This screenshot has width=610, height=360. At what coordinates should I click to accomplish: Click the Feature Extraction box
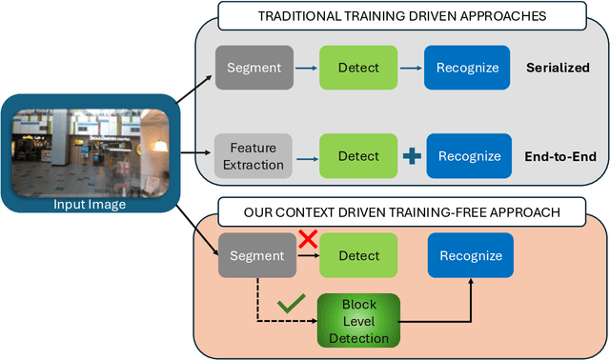click(x=254, y=155)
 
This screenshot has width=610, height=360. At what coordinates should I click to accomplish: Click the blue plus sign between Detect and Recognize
click(x=410, y=155)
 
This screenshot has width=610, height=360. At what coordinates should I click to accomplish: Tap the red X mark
click(x=308, y=240)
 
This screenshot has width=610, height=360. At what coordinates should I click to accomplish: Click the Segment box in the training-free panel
click(x=254, y=255)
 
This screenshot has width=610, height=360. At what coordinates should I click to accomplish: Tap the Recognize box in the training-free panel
click(x=464, y=255)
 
